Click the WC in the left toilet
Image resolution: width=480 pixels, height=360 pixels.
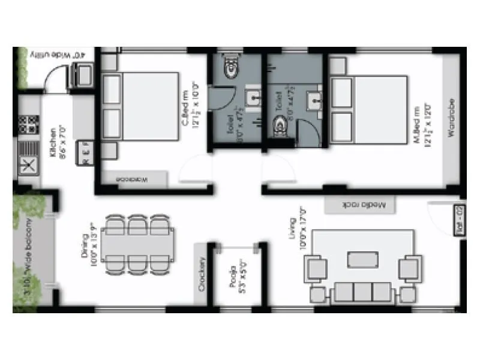[x=229, y=68]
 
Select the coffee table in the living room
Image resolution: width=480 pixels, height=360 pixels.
[x=362, y=259]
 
